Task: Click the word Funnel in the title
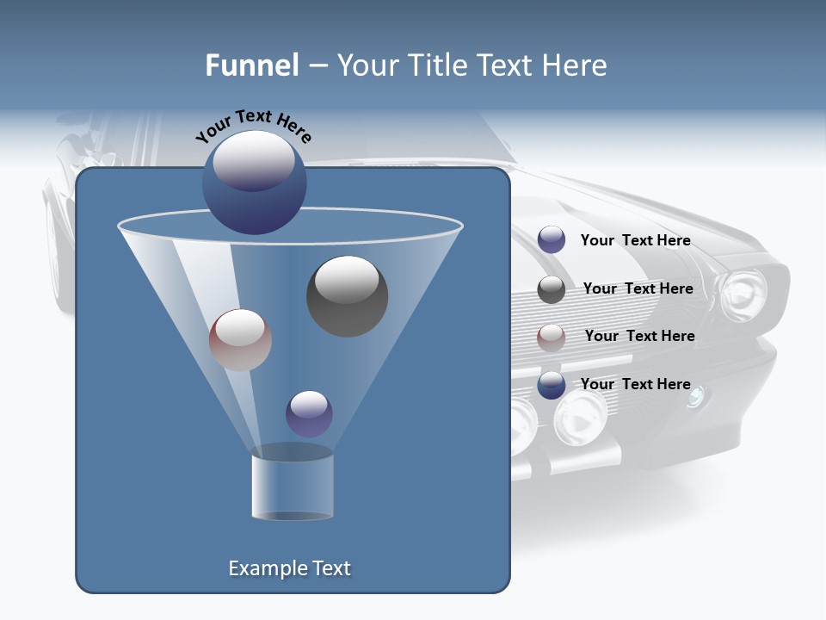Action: pyautogui.click(x=251, y=65)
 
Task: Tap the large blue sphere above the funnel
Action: pyautogui.click(x=254, y=183)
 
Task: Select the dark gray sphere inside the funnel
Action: pyautogui.click(x=347, y=296)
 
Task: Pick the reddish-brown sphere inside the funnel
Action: pyautogui.click(x=240, y=340)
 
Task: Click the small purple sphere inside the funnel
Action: pyautogui.click(x=309, y=413)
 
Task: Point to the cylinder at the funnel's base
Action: pyautogui.click(x=292, y=487)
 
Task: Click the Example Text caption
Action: pyautogui.click(x=289, y=568)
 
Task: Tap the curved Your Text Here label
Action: pyautogui.click(x=253, y=125)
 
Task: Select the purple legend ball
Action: pyautogui.click(x=552, y=240)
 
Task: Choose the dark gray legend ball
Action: pyautogui.click(x=552, y=289)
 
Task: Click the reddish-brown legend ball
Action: pyautogui.click(x=552, y=337)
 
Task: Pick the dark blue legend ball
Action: pyautogui.click(x=552, y=385)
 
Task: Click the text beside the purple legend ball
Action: pyautogui.click(x=635, y=240)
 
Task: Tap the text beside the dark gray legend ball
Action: pyautogui.click(x=638, y=288)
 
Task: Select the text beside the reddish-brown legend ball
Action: pyautogui.click(x=639, y=336)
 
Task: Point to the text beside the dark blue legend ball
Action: pyautogui.click(x=635, y=384)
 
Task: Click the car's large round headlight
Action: pyautogui.click(x=742, y=294)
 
